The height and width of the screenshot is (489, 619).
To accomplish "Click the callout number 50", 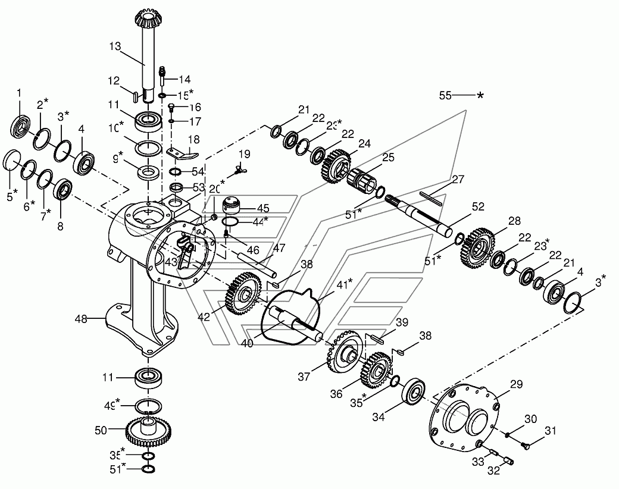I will click(x=102, y=429).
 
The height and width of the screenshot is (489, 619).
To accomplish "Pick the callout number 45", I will click(x=263, y=208).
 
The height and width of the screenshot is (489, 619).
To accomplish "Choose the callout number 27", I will click(x=457, y=179).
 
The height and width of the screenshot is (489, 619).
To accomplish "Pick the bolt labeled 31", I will click(x=524, y=444).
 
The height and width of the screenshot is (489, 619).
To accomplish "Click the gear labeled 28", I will click(x=479, y=245).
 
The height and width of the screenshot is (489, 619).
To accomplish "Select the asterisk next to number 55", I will click(x=480, y=95).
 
